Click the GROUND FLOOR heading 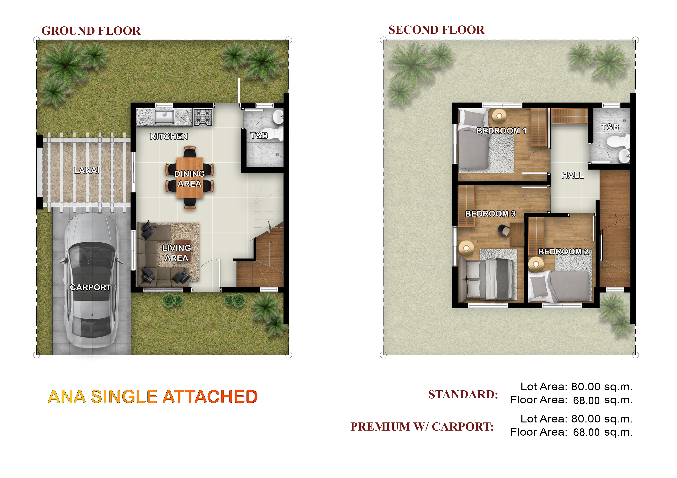(91, 31)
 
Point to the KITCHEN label (169, 136)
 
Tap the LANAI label (86, 170)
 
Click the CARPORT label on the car (90, 287)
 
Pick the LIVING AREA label (176, 253)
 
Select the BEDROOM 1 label (501, 131)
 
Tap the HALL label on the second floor (573, 175)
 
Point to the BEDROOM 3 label (490, 213)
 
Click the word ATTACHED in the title (210, 396)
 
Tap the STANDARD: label (463, 394)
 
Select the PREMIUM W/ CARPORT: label (422, 427)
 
